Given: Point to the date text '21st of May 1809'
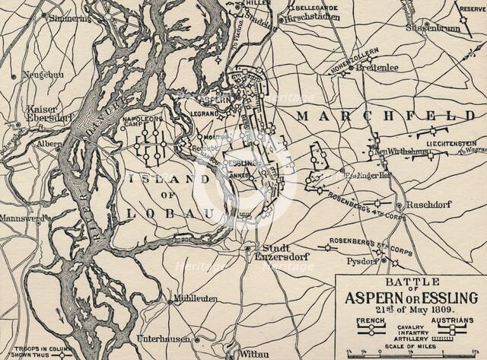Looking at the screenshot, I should (x=409, y=310).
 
